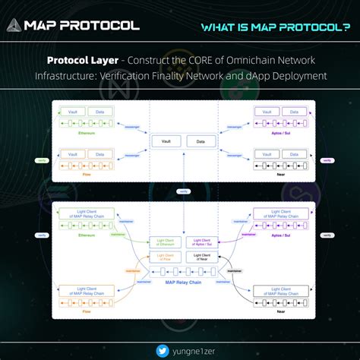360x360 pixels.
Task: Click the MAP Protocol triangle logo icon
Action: click(x=13, y=25)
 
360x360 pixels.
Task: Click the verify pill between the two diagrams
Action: click(x=182, y=191)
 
